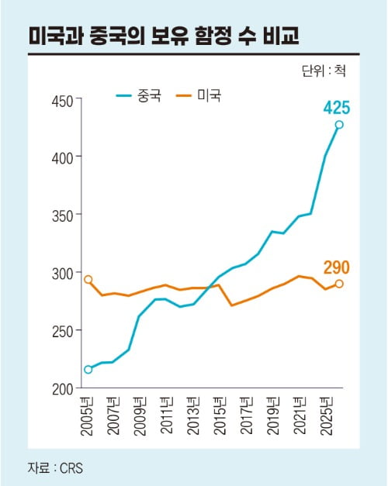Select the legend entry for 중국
coord(139,96)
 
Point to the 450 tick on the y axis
coord(62,101)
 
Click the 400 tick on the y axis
coord(62,157)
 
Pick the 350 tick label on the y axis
coord(62,215)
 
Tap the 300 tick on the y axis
coord(62,273)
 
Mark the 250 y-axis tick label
coord(62,331)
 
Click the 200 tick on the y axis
coord(62,388)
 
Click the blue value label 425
coord(337,105)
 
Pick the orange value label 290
coord(337,267)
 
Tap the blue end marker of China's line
coord(339,125)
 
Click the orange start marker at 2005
coord(88,280)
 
